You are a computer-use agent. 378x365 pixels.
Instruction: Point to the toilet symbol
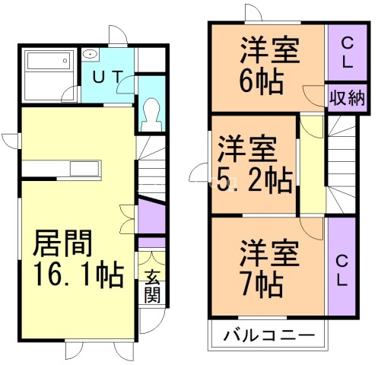pos(151,113)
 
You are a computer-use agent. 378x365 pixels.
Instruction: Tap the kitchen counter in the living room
pos(61,168)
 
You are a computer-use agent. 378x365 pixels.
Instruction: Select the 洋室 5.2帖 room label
pos(254,163)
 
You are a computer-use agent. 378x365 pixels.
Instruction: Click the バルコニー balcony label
pos(268,335)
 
